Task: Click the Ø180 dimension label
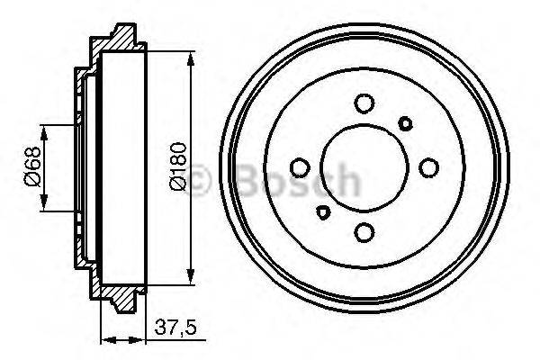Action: click(178, 167)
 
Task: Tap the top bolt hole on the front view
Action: click(364, 103)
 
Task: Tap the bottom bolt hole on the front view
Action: click(364, 233)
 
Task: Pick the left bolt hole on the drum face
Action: click(300, 167)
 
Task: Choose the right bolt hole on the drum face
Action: click(429, 167)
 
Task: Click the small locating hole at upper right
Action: click(406, 122)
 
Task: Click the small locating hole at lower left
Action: click(323, 213)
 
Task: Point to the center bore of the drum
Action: click(364, 167)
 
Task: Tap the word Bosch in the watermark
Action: click(297, 183)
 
